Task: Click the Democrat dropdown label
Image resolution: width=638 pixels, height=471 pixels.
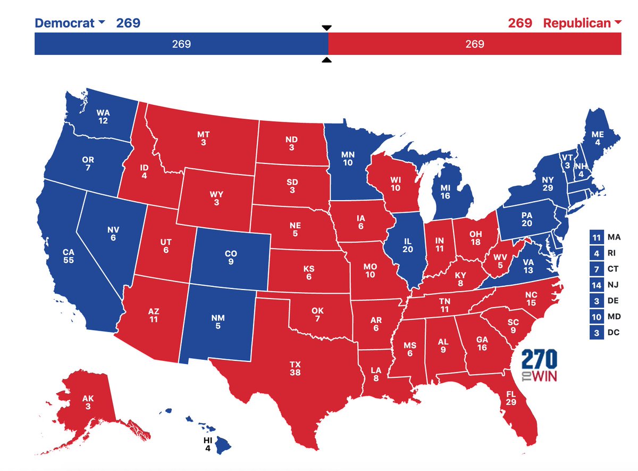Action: (x=69, y=23)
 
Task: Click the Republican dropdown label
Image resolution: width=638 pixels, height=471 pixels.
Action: (x=581, y=23)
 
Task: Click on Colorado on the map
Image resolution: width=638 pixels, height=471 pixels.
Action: (x=231, y=257)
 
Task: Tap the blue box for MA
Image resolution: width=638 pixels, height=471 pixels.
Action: (x=596, y=237)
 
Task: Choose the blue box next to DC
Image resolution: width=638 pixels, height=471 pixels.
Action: (x=596, y=333)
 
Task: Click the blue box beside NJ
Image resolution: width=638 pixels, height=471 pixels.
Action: (x=596, y=285)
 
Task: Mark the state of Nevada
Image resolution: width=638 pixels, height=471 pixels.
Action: (x=113, y=234)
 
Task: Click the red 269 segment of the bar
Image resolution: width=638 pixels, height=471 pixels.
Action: (x=474, y=44)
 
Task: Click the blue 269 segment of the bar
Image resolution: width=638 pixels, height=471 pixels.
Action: (x=181, y=44)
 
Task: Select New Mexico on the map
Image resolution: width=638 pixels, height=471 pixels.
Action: (x=218, y=322)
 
